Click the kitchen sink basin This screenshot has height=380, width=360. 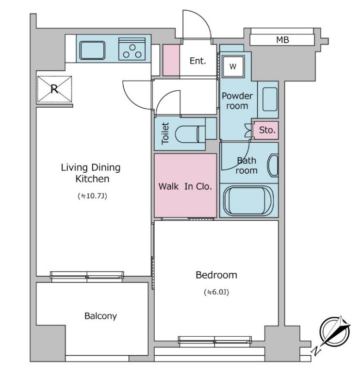coord(92,50)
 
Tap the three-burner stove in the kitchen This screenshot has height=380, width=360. coord(132,49)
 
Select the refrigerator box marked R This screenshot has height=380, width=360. coord(54,89)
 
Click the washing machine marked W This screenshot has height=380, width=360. coord(233,66)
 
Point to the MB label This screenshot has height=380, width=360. coord(282,40)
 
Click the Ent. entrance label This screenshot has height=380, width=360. coord(197,61)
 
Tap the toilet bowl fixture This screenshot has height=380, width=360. coord(190,134)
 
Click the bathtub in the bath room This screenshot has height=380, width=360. coord(248,201)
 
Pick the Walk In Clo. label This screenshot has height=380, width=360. coord(185,186)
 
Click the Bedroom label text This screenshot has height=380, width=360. coord(216,275)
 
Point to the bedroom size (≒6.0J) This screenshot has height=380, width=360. coord(216,292)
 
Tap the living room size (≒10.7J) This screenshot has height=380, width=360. coord(92,196)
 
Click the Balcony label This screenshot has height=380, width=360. coord(100,316)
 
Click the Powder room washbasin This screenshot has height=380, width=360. coord(270,99)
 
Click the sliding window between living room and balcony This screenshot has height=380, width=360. coord(87,277)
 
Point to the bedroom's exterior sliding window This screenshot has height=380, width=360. coord(215,340)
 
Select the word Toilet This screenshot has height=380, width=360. coord(165,133)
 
